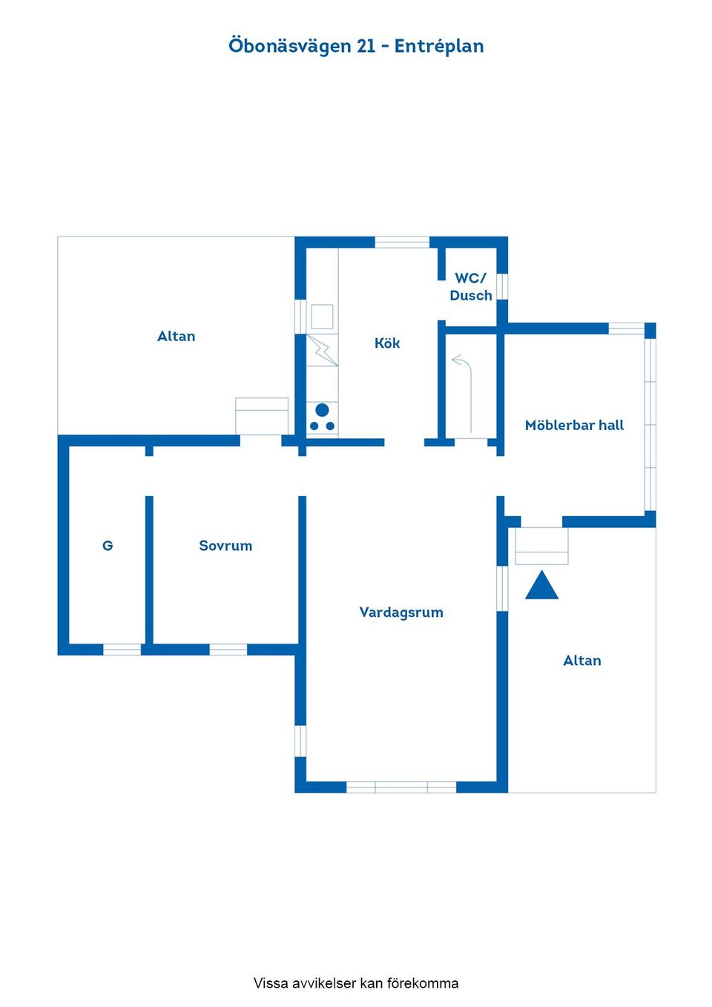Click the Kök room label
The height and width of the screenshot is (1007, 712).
coord(387,343)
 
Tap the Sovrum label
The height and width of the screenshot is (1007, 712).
coord(225,546)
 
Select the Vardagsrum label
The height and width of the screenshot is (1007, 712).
coord(401,613)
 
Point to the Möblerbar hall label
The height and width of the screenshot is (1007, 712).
coord(575,425)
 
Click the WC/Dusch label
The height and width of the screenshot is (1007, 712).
coord(471,286)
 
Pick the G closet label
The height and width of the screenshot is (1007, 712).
coord(108,545)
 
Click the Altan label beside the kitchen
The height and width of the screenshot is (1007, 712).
coord(177,336)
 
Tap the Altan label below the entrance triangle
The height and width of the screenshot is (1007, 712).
coord(582,661)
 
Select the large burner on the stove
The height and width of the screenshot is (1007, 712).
coord(322,410)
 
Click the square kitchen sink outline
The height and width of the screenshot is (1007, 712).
coord(323,317)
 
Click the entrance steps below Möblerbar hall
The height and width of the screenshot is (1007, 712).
coord(541,546)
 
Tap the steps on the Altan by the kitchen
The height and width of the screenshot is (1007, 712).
coord(262,416)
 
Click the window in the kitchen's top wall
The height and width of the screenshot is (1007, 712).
coord(402,242)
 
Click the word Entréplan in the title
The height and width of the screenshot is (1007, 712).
coord(439,46)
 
